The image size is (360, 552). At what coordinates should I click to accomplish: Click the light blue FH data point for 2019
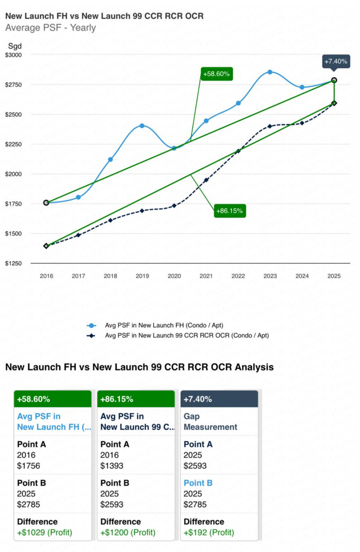pos(142,125)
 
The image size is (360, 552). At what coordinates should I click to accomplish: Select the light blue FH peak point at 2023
pos(270,72)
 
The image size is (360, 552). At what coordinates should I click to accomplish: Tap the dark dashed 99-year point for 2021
pos(206,180)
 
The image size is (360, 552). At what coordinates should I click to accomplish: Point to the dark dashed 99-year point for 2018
pos(110,220)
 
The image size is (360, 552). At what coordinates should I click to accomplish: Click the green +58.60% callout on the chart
pos(217,74)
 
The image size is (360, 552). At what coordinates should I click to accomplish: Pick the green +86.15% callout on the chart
pos(230,211)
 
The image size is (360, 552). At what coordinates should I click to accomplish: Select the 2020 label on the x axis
pos(174,276)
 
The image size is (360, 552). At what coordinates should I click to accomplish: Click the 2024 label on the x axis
pos(302,276)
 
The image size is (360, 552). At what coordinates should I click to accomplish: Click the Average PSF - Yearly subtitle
pos(50,28)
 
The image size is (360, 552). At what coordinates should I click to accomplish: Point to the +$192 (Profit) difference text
pos(209,533)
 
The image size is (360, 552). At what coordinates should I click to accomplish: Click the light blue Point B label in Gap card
pos(198,483)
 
